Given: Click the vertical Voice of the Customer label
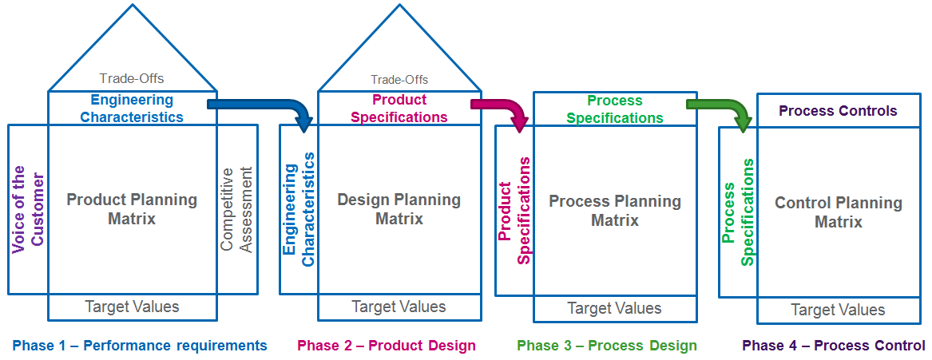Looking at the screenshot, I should click(28, 209).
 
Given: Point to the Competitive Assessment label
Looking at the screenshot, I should click(237, 209).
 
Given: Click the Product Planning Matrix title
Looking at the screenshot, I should click(132, 209).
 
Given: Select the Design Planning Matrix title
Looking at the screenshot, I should click(399, 209).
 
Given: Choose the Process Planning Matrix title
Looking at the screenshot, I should click(615, 211).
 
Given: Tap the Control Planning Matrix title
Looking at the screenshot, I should click(839, 212).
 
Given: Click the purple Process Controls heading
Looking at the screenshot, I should click(838, 111).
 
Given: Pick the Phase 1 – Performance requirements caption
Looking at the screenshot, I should click(140, 346).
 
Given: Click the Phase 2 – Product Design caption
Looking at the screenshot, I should click(387, 346).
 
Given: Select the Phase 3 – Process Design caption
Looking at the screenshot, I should click(607, 346).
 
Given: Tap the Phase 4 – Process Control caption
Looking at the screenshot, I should click(834, 346).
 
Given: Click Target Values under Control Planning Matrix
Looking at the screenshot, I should click(838, 310).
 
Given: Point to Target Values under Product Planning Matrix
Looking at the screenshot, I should click(132, 307).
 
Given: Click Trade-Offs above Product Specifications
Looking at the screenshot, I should click(399, 80).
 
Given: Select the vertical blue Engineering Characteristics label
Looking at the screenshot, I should click(299, 209).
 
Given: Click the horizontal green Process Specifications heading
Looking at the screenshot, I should click(615, 109).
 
